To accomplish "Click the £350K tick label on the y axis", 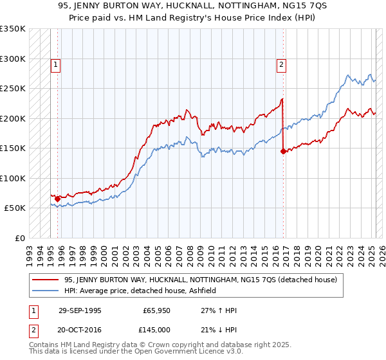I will [x=13, y=29].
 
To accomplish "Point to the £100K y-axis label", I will [x=13, y=178].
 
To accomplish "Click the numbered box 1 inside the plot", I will [x=56, y=64].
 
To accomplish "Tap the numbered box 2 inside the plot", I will [x=282, y=64].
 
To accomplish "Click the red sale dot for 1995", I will [x=57, y=199].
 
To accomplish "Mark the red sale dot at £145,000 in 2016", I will [x=283, y=152].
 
